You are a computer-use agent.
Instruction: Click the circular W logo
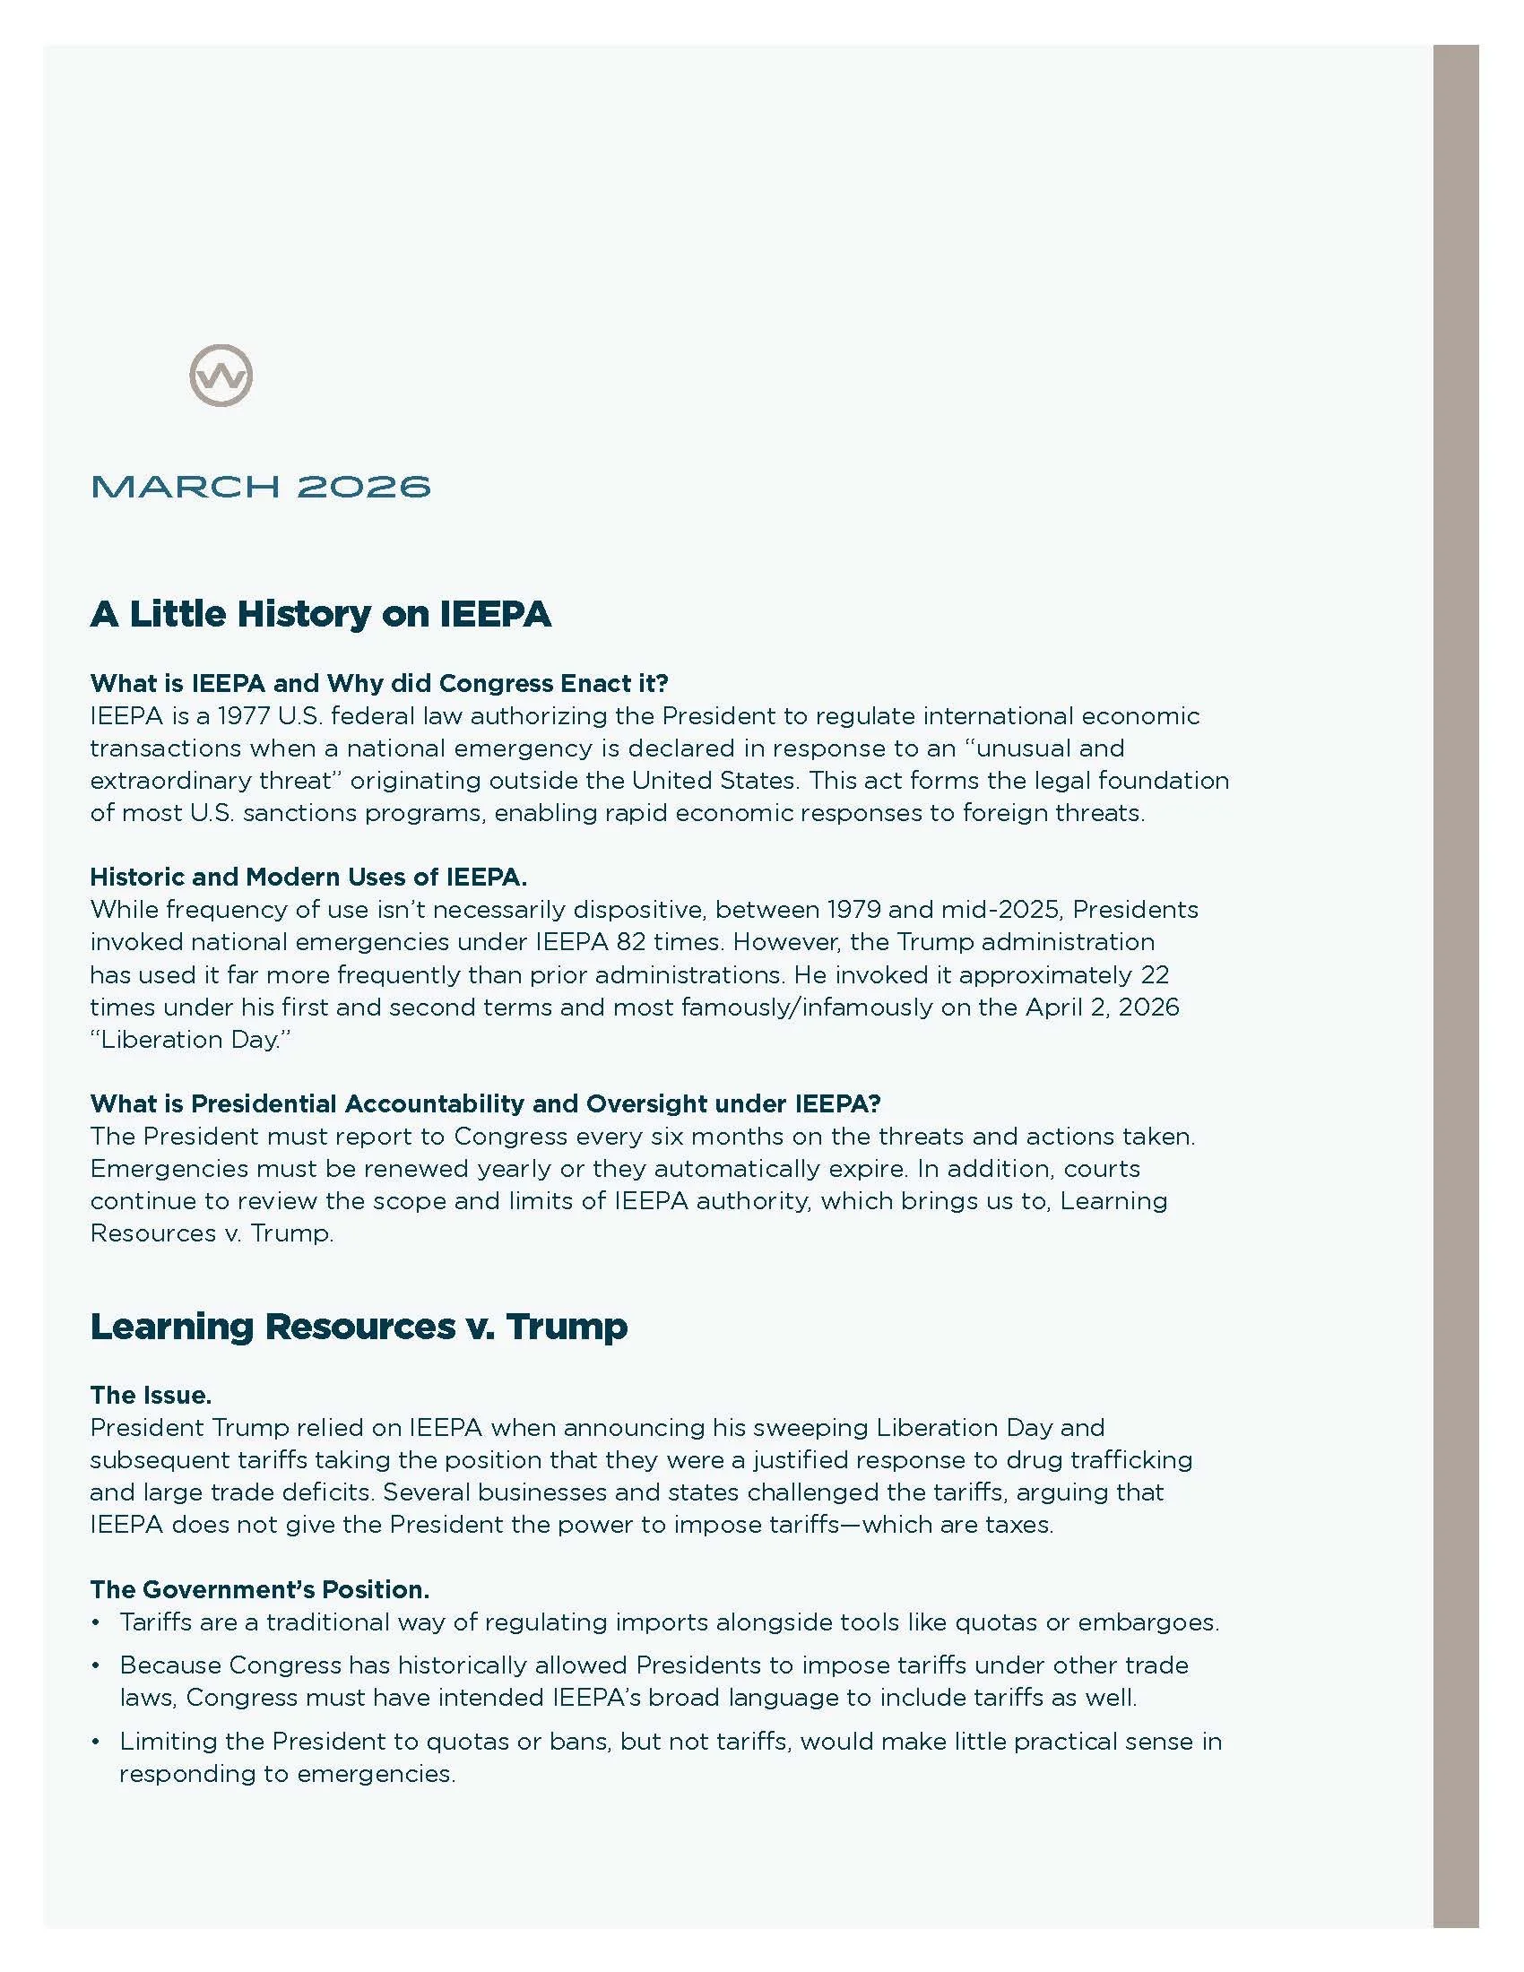pyautogui.click(x=221, y=375)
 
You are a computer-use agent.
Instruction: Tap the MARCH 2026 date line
pyautogui.click(x=261, y=487)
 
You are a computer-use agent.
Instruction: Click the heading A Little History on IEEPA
pyautogui.click(x=321, y=614)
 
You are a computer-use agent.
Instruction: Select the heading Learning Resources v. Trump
pyautogui.click(x=359, y=1327)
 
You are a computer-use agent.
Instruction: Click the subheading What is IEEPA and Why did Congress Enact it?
pyautogui.click(x=379, y=684)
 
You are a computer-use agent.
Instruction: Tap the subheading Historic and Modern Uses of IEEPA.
pyautogui.click(x=307, y=877)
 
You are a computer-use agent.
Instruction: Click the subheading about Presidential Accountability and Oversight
pyautogui.click(x=485, y=1103)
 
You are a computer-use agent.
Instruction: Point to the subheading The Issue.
pyautogui.click(x=151, y=1395)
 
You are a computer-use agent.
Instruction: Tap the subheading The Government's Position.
pyautogui.click(x=259, y=1589)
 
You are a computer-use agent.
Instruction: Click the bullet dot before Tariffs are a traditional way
pyautogui.click(x=96, y=1623)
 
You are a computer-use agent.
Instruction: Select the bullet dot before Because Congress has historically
pyautogui.click(x=96, y=1667)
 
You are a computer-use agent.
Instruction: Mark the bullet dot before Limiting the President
pyautogui.click(x=96, y=1743)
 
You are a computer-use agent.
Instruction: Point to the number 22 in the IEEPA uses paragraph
pyautogui.click(x=1155, y=975)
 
